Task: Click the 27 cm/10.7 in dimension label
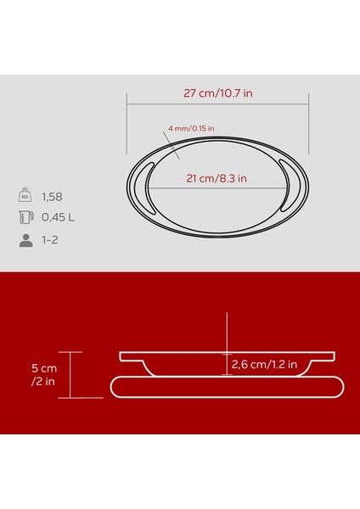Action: (217, 93)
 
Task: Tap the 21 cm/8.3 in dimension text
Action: (217, 178)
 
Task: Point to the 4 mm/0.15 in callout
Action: (191, 128)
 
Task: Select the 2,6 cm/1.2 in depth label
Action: (263, 366)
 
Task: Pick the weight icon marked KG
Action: (25, 198)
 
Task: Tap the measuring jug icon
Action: (25, 218)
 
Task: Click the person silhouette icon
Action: (25, 240)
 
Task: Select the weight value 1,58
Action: (53, 198)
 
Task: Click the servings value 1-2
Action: (52, 240)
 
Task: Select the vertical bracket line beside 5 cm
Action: (70, 374)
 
